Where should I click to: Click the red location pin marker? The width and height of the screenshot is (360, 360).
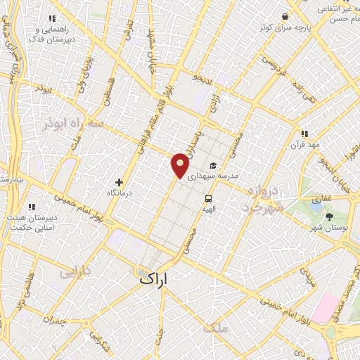181,165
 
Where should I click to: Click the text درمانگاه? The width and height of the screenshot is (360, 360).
119,192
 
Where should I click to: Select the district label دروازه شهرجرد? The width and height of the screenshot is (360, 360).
264,198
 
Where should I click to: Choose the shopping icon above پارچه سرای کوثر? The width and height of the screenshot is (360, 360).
285,16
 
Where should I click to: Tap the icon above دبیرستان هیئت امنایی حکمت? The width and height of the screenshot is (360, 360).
31,207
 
